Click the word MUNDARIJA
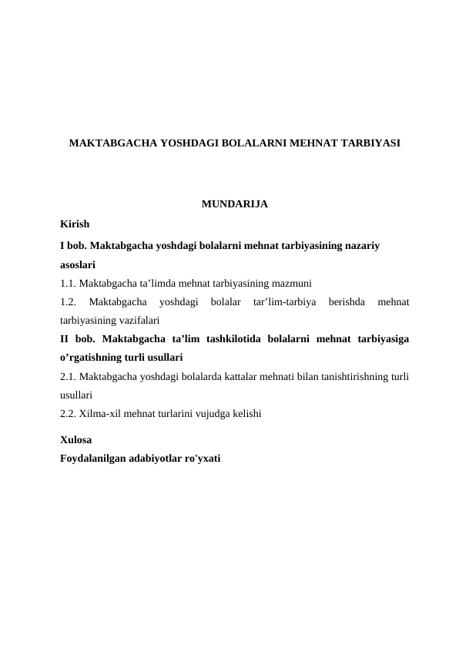[234, 205]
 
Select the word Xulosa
[75, 440]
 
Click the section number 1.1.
[67, 283]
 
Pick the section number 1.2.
[67, 301]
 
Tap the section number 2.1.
[67, 376]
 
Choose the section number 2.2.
[67, 414]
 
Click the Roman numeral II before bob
[65, 338]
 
